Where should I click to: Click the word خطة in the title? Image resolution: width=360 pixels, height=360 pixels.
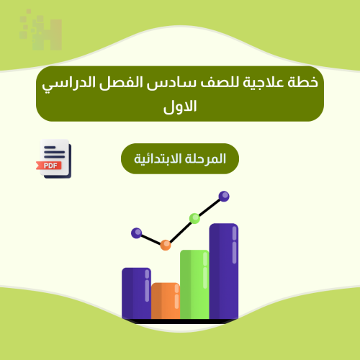point(303,83)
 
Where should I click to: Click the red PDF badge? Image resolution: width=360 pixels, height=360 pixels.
point(52,165)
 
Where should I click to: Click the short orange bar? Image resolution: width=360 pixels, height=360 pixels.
point(165,300)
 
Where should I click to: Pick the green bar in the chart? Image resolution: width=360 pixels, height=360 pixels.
point(194,284)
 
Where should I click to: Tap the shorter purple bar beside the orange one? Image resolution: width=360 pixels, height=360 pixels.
point(136,293)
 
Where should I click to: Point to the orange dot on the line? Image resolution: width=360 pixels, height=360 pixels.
point(166,245)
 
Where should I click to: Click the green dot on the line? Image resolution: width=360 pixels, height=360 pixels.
point(194,218)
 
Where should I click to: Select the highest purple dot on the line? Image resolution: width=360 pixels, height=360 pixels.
point(224,196)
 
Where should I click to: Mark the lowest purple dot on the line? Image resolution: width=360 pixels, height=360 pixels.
point(137,233)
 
